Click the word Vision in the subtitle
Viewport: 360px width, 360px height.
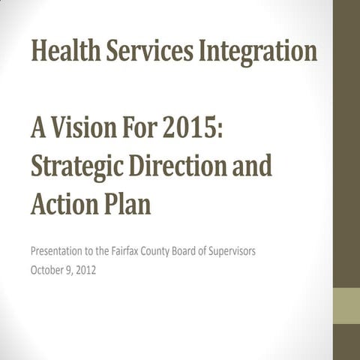pyautogui.click(x=88, y=130)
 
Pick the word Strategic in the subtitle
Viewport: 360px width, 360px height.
pyautogui.click(x=76, y=166)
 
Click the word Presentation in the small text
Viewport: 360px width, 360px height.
pyautogui.click(x=58, y=251)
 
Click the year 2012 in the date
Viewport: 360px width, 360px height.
pyautogui.click(x=85, y=270)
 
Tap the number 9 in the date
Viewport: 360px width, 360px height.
pyautogui.click(x=67, y=270)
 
